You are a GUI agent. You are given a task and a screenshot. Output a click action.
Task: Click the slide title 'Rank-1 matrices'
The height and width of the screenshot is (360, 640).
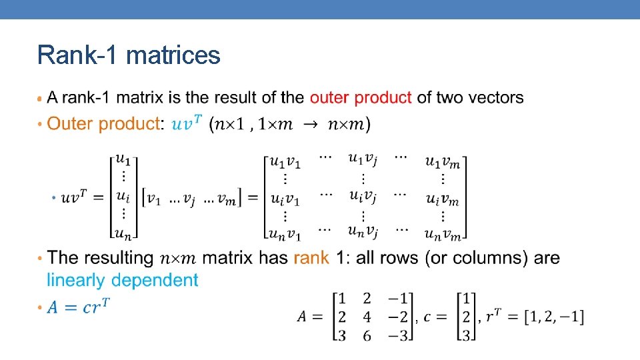click(129, 55)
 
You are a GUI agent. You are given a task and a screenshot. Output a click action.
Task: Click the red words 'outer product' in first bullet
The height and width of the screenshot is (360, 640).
click(360, 98)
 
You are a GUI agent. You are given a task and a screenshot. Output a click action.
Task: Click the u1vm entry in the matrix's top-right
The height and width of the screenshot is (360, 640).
click(442, 163)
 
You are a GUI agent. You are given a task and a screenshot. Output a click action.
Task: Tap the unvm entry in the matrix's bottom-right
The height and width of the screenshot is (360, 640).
click(442, 233)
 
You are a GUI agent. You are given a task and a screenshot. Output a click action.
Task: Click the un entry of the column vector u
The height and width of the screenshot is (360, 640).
click(122, 232)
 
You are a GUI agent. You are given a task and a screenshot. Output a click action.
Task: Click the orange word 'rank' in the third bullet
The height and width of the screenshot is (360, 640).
click(311, 258)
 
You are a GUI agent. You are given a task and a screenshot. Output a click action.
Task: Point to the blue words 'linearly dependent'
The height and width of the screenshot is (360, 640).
click(123, 281)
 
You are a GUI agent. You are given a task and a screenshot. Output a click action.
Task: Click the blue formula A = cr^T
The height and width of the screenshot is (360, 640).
click(79, 307)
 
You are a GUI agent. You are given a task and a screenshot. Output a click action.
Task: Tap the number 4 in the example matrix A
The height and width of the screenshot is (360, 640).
click(367, 316)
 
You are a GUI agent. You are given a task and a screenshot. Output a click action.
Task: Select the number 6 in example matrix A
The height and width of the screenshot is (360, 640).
click(367, 335)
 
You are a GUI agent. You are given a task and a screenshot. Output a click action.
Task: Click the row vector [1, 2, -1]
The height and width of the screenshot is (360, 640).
click(553, 317)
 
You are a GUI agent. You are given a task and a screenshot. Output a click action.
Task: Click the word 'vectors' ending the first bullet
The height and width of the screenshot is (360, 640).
click(495, 98)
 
